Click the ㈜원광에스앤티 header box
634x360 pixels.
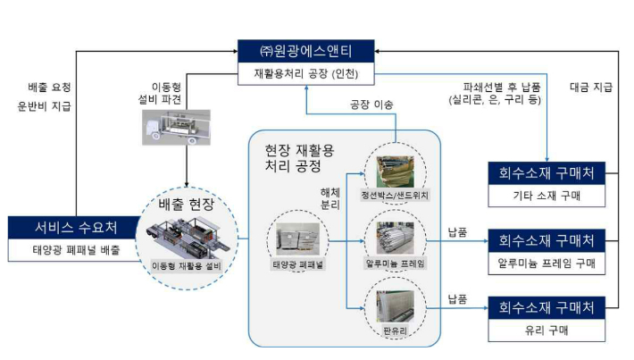(x=304, y=52)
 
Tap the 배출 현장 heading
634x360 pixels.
(x=188, y=205)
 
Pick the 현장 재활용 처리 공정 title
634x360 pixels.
(x=300, y=157)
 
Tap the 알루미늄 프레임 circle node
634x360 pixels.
(x=394, y=243)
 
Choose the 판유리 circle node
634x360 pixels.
(x=394, y=307)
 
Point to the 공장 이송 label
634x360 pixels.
(x=371, y=105)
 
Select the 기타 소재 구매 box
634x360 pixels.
(x=546, y=195)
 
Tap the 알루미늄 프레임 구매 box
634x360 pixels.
(x=546, y=264)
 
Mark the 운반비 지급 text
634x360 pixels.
(x=50, y=105)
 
